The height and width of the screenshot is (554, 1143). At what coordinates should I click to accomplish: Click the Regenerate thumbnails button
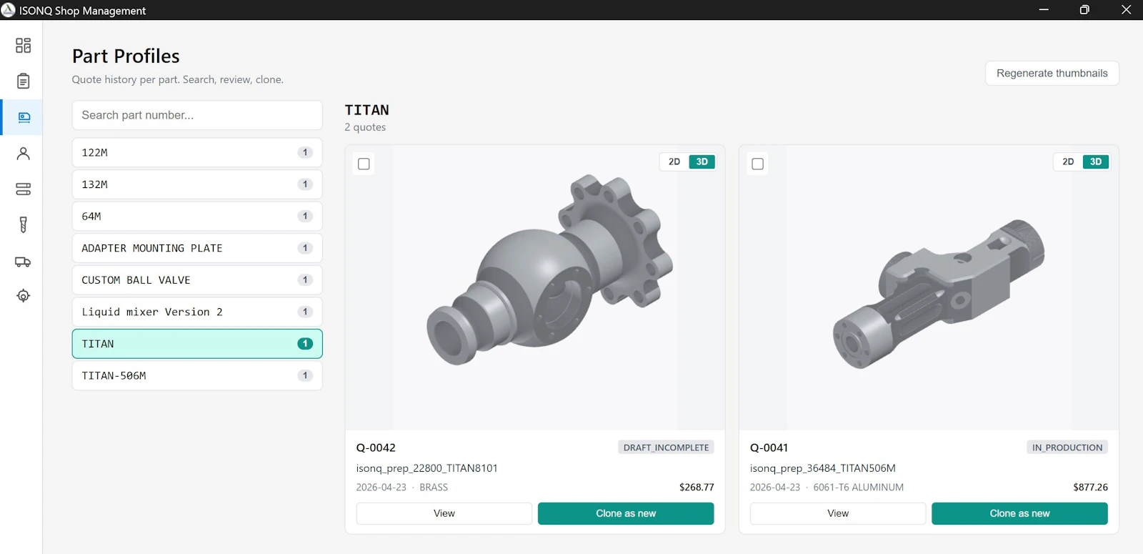(1052, 73)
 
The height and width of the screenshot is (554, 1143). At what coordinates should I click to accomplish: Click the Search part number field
(197, 115)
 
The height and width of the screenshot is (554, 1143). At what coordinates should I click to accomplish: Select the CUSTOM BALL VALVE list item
(197, 280)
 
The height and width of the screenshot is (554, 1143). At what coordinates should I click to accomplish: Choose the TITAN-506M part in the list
(197, 375)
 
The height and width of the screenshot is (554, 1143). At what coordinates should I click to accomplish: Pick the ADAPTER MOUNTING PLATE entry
(197, 248)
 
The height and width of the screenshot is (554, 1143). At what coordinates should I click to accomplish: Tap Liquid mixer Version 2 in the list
(197, 312)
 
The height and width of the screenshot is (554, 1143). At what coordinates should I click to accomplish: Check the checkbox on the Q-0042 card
(364, 164)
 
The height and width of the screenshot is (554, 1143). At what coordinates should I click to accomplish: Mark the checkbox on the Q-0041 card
(758, 164)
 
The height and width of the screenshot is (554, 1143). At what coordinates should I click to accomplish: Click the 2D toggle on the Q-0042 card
(674, 162)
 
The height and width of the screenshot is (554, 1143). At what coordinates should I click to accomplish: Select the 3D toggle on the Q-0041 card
(1096, 162)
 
